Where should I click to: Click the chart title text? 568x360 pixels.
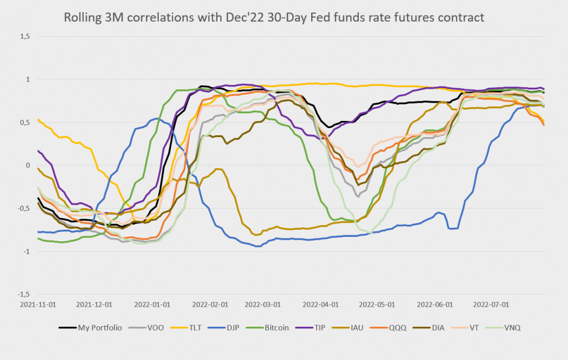(x=274, y=18)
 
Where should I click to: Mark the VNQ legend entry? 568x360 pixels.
(x=513, y=328)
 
